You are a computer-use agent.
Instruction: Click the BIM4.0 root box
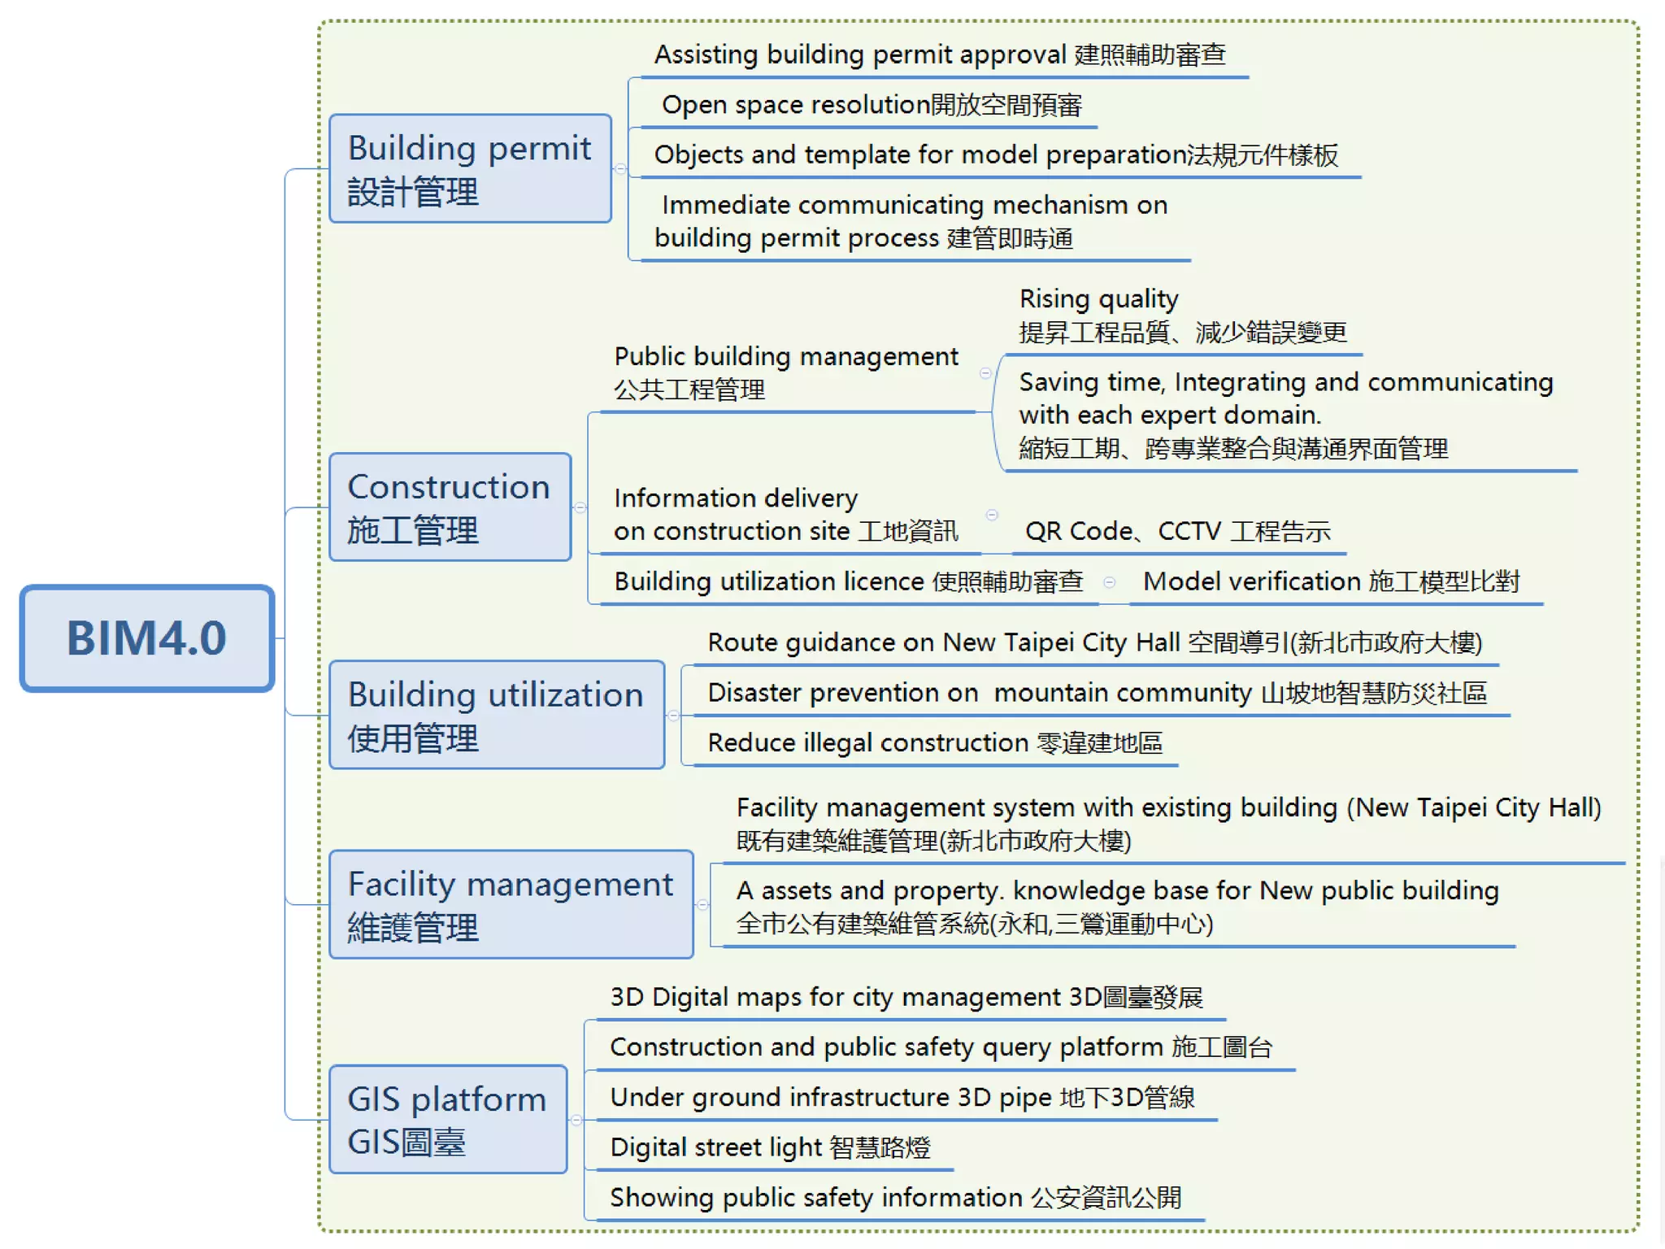pos(147,638)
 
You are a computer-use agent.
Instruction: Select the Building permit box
pos(470,169)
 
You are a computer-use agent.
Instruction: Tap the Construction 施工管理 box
pos(450,507)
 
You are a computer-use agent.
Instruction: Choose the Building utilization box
pos(496,716)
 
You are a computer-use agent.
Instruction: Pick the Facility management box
pos(511,904)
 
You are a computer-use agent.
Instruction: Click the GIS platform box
pos(447,1120)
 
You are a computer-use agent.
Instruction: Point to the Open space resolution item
pos(872,105)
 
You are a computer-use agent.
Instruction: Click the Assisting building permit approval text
pos(940,54)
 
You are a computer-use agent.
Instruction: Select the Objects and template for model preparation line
pos(996,154)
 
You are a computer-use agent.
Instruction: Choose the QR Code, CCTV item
pos(1178,531)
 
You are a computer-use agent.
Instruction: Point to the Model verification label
pos(1331,581)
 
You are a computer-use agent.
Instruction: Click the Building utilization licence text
pos(849,581)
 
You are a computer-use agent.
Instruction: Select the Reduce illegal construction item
pos(935,742)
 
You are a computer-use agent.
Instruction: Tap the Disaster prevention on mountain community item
pos(1097,693)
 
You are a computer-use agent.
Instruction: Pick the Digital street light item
pos(770,1147)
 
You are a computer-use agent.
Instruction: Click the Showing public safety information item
pos(895,1198)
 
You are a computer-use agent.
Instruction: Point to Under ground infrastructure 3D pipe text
pos(902,1097)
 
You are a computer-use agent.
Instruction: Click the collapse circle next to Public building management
pos(985,373)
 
